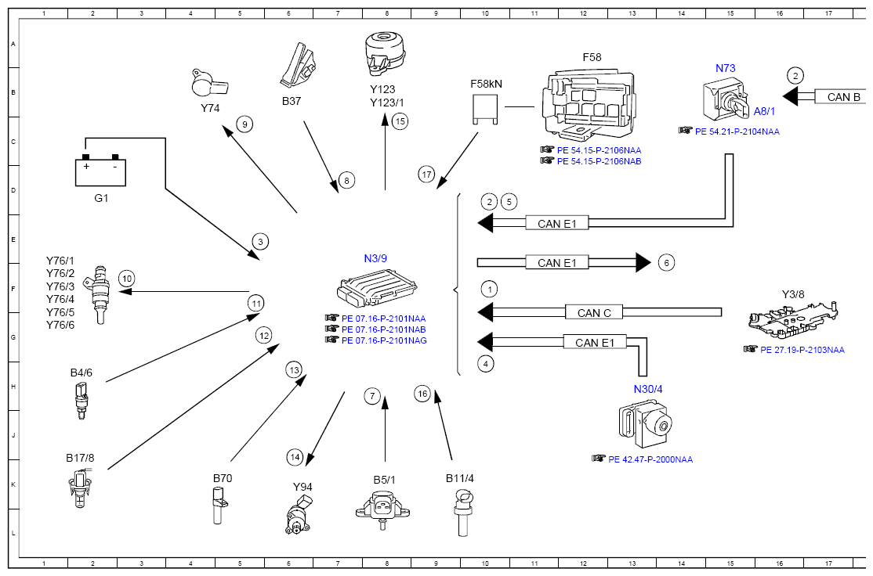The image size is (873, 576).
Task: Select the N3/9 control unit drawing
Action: tap(377, 287)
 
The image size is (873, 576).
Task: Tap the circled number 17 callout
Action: tap(426, 175)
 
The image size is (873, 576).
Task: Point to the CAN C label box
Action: tap(594, 312)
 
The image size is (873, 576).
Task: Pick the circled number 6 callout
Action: tap(666, 262)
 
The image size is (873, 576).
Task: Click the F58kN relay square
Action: tap(485, 109)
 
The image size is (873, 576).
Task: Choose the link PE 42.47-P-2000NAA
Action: tap(650, 460)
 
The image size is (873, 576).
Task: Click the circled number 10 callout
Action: tap(126, 279)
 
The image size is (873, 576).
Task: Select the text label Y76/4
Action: tap(60, 299)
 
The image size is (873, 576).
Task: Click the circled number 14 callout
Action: tap(295, 458)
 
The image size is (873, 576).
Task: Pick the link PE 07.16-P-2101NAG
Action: tap(384, 340)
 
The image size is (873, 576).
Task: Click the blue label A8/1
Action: tap(764, 111)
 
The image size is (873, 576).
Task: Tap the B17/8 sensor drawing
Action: tap(80, 488)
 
